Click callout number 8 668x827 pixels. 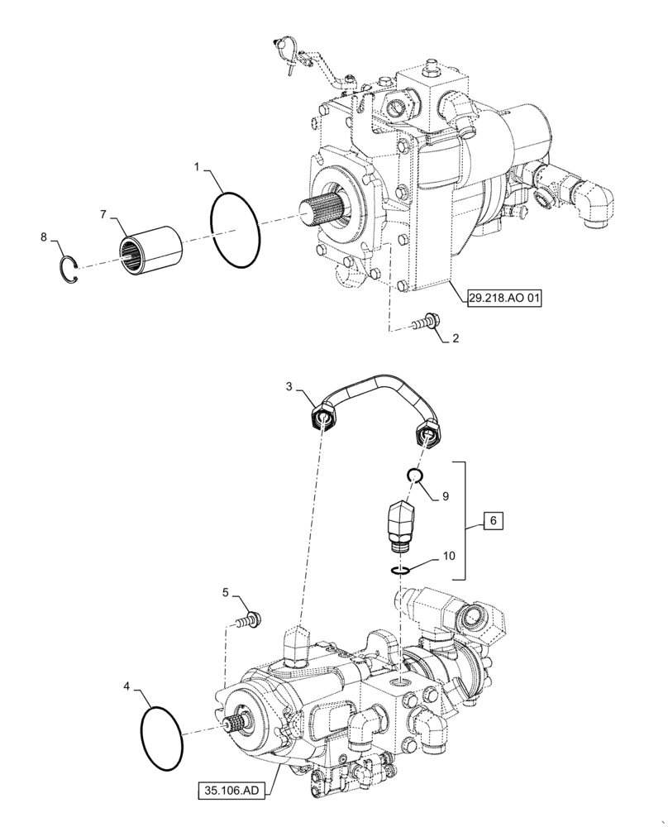44,237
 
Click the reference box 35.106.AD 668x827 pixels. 232,791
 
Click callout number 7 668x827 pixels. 103,214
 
